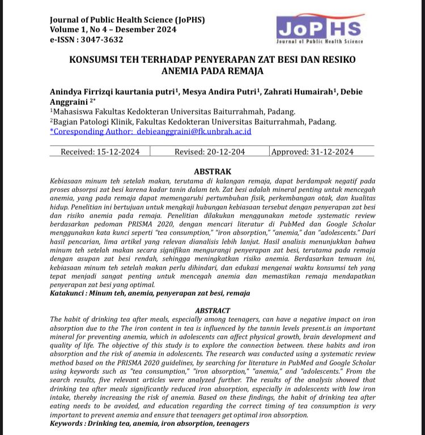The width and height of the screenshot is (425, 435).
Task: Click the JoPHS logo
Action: pyautogui.click(x=320, y=28)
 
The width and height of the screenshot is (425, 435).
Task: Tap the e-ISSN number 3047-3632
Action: pyautogui.click(x=102, y=40)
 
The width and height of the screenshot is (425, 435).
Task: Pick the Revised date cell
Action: pyautogui.click(x=209, y=152)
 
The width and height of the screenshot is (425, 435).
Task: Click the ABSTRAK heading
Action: pyautogui.click(x=212, y=172)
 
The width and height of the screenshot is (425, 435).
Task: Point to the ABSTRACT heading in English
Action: pyautogui.click(x=212, y=310)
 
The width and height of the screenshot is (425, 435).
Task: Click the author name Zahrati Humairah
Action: pyautogui.click(x=307, y=92)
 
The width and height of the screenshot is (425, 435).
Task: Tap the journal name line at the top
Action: pyautogui.click(x=127, y=20)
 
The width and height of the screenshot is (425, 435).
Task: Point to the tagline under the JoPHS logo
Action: pyautogui.click(x=320, y=42)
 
